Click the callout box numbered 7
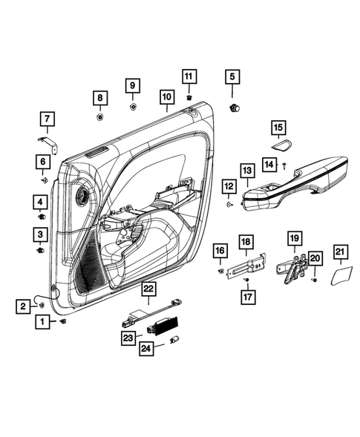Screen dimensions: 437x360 46,118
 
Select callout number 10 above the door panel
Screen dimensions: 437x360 166,97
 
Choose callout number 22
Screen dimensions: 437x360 149,289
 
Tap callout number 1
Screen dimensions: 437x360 44,322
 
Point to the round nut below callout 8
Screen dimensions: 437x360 100,116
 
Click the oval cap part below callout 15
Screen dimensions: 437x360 281,146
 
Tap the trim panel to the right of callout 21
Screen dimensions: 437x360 341,277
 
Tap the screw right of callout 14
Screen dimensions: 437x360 286,165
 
